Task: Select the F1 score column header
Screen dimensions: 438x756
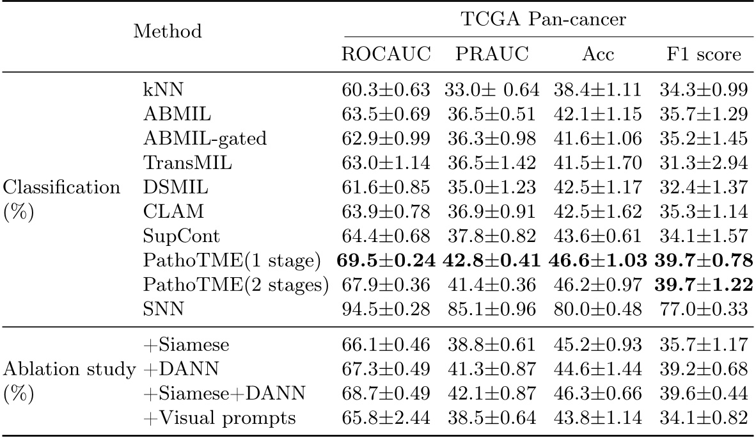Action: click(x=703, y=54)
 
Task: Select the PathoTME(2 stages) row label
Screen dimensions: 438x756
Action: click(x=235, y=286)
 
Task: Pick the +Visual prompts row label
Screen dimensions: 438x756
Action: click(x=219, y=419)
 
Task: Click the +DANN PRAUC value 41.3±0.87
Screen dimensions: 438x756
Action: click(x=491, y=369)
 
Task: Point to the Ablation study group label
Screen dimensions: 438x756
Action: click(x=68, y=369)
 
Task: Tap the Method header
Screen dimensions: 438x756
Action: click(x=168, y=31)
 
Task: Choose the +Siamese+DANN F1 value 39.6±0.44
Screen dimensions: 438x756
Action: click(x=703, y=394)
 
